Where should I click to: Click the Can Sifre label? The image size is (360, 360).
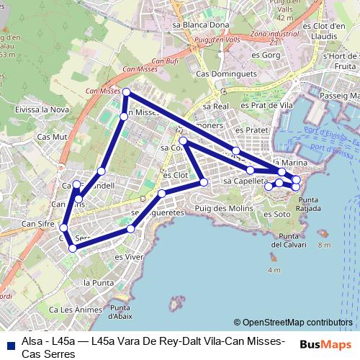click(x=37, y=224)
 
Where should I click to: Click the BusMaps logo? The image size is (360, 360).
click(x=325, y=343)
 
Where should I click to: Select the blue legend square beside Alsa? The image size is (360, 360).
click(x=9, y=343)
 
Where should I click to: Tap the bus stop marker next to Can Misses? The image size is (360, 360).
click(x=126, y=92)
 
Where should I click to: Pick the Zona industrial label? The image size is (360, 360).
click(x=276, y=34)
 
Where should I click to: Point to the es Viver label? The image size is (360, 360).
click(x=129, y=256)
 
